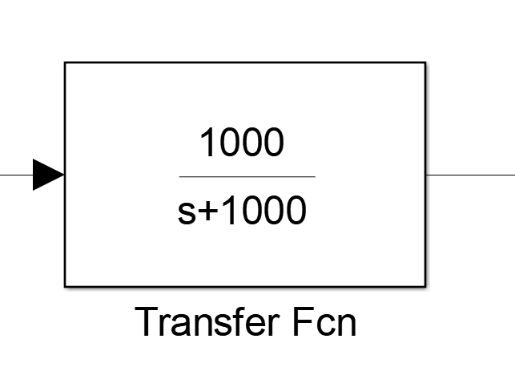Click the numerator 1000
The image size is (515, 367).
click(241, 144)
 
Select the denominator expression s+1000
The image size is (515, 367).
click(241, 212)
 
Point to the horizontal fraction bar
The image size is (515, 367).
click(247, 176)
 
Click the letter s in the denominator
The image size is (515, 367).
click(185, 214)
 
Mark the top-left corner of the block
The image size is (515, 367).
click(65, 63)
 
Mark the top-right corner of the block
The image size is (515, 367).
click(425, 63)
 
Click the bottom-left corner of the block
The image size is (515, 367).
click(65, 285)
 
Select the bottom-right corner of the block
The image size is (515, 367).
click(425, 285)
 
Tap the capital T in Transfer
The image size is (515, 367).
click(146, 322)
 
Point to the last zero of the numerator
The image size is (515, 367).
click(273, 144)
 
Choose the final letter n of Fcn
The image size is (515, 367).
click(346, 325)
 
